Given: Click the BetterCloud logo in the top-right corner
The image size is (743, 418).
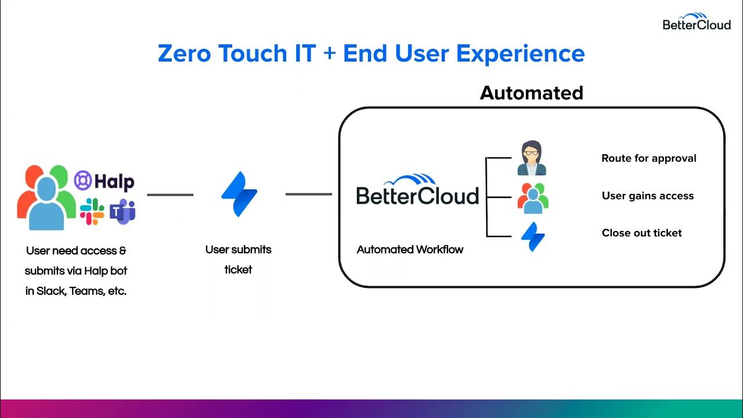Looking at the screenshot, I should pos(697,21).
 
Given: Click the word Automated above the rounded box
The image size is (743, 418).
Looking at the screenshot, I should pos(531,93).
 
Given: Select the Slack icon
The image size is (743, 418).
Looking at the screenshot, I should pos(92,212).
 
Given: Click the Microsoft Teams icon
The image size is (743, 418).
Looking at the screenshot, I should pos(122,212).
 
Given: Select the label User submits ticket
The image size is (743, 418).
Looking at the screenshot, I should pos(238,260).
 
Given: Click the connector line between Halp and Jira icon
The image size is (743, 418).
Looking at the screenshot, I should pos(170,195).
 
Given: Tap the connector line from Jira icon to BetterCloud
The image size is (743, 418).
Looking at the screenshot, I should pos(308,194).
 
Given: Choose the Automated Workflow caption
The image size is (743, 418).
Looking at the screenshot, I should pos(410,250).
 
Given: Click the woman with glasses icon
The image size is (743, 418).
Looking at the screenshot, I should pos(532,158).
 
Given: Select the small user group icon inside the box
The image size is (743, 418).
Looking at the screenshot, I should pos(533,198).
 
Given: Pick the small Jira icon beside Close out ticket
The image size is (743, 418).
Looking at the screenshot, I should pos(532,236).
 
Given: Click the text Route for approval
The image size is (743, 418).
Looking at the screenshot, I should pos(648,158).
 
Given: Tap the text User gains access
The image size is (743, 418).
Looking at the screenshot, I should pos(647,196).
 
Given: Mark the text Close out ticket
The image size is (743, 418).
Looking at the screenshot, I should pos(641,233).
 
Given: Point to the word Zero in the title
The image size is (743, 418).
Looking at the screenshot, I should pos(184,53).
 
